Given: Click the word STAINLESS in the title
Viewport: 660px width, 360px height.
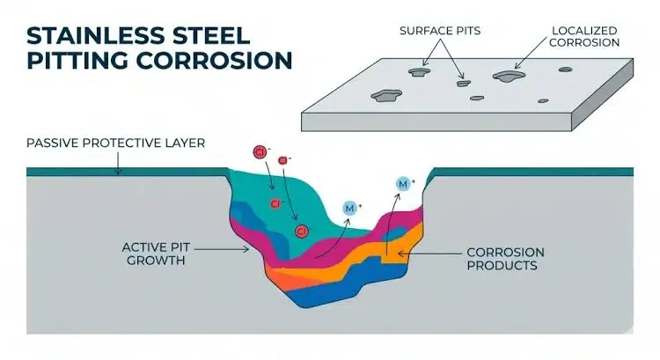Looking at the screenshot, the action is click(96, 35).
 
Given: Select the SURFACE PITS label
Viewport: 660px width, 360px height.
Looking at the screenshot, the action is click(440, 31).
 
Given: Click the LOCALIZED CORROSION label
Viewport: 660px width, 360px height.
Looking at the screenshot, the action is click(584, 37).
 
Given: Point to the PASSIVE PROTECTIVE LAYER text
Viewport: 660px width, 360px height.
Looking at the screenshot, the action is click(116, 143).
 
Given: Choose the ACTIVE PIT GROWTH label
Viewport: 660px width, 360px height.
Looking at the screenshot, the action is click(156, 253).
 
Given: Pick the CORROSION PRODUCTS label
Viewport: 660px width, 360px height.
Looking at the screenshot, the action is click(505, 259).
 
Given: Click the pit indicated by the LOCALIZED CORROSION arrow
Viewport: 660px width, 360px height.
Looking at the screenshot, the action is click(510, 77).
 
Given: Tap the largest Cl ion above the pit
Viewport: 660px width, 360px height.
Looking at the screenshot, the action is click(260, 152).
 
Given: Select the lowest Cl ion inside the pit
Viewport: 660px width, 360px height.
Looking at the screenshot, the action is click(302, 231).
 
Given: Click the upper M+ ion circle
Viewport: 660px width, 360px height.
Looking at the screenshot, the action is click(403, 184).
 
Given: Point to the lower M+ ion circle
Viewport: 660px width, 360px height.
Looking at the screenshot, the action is click(349, 208).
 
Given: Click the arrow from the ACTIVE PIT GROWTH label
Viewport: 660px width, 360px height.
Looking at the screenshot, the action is click(222, 249).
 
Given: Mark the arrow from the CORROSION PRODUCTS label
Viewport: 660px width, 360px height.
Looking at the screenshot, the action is click(429, 253).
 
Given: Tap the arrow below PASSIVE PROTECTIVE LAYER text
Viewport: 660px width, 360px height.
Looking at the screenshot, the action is click(118, 164).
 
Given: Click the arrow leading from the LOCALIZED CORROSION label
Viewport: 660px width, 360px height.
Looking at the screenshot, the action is click(531, 53).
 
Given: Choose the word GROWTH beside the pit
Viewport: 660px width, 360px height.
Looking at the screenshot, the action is click(156, 261).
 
